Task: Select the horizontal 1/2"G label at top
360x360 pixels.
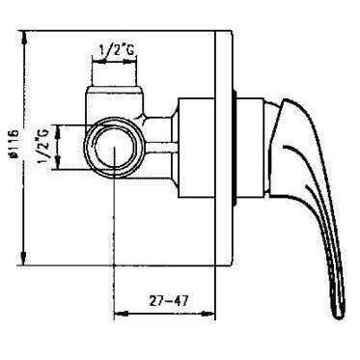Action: (116, 45)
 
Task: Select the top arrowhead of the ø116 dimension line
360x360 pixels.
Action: (21, 36)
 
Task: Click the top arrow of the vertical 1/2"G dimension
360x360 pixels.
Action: (59, 126)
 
